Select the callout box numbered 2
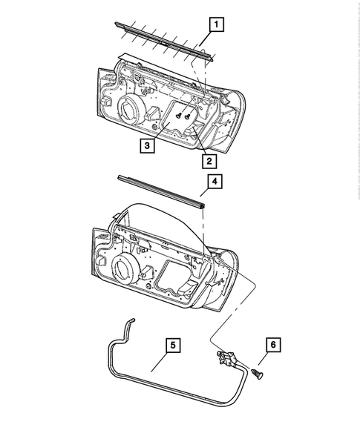tap(209, 160)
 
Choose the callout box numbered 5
tap(171, 345)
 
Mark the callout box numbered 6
tap(272, 345)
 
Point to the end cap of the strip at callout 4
tap(201, 200)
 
